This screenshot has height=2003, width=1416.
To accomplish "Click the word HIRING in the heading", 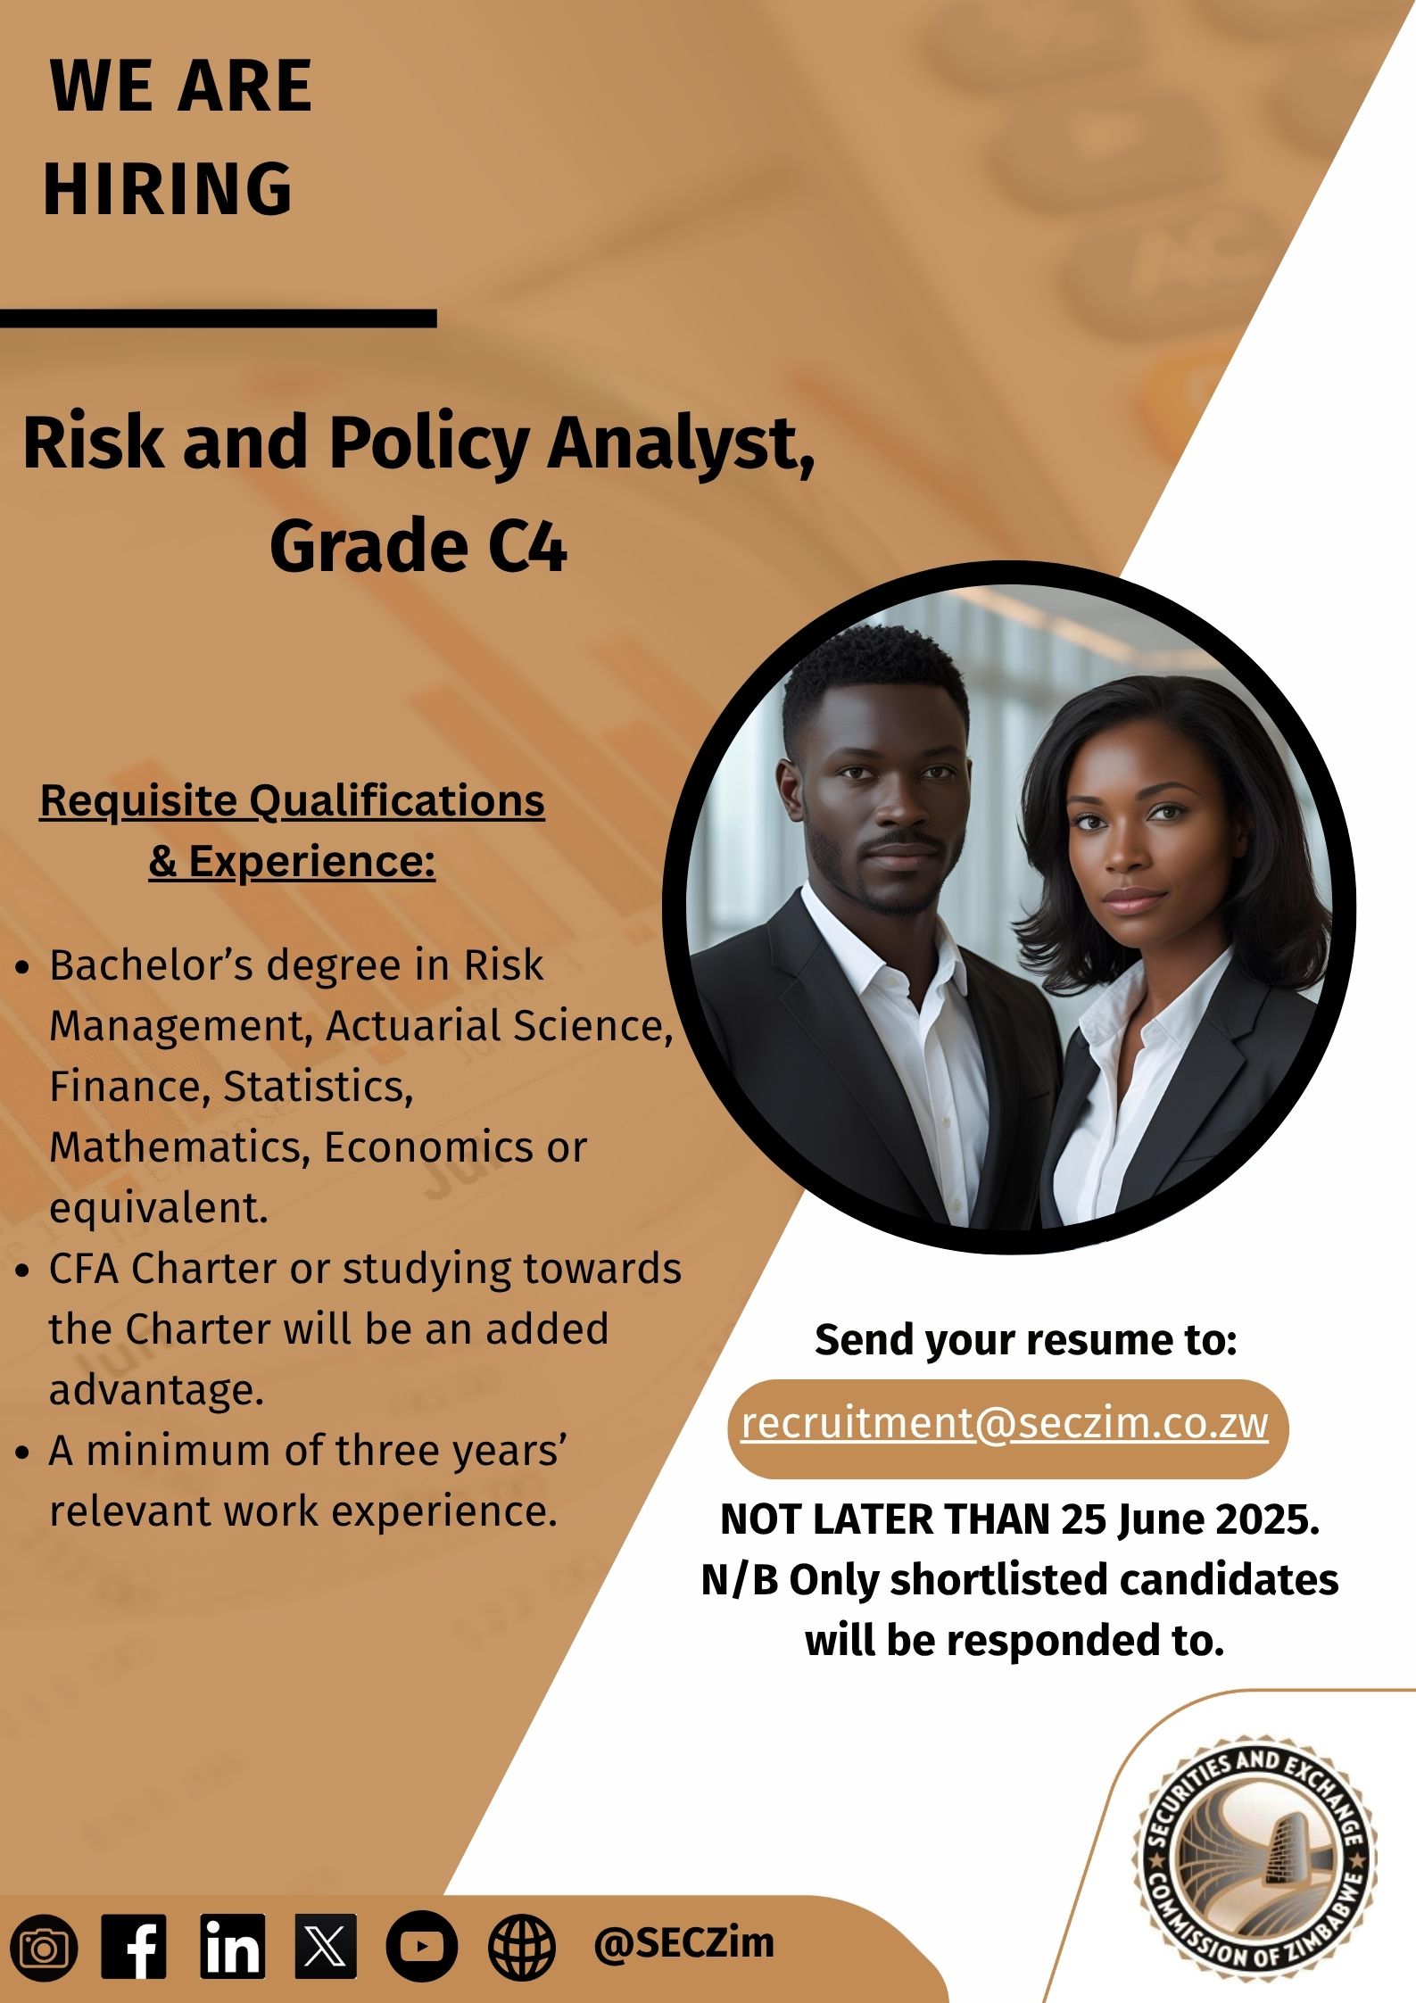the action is pos(168,188).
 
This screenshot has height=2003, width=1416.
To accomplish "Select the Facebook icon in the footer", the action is pos(134,1946).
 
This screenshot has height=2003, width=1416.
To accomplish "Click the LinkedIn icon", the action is pos(232,1946).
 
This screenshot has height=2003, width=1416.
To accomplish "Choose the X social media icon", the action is pos(326,1946).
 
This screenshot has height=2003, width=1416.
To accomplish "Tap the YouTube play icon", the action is pos(422,1946).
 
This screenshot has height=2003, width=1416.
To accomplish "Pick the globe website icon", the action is pos(522,1947).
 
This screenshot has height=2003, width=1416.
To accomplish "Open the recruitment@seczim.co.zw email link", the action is pos(1005,1422).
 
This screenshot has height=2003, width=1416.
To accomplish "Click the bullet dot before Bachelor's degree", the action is pos(24,967).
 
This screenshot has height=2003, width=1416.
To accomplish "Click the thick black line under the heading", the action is pos(218,319).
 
